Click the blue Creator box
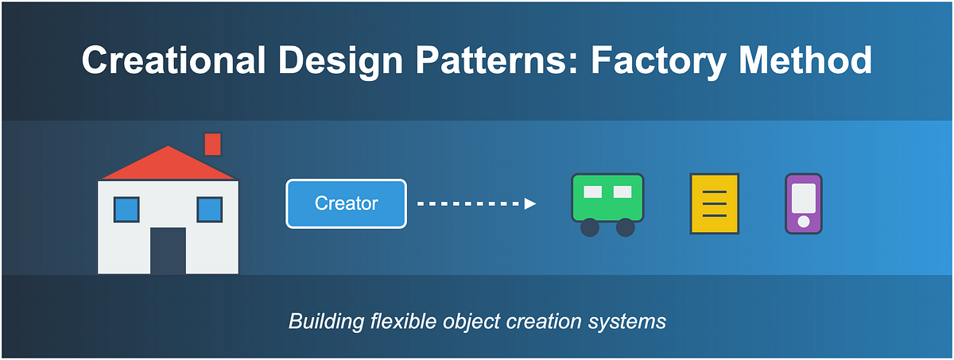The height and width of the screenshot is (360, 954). (346, 203)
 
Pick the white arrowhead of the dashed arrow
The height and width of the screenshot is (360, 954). (530, 203)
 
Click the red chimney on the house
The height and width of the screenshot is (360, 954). (212, 144)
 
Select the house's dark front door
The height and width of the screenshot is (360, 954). (168, 250)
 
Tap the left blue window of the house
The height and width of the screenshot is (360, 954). (126, 210)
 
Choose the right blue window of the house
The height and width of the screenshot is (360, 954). (209, 210)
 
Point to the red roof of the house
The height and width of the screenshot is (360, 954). (168, 164)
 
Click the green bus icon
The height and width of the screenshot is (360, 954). (607, 198)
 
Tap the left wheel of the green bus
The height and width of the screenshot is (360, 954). (589, 227)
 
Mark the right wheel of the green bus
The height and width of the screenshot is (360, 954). (626, 227)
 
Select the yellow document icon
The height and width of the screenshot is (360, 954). (715, 204)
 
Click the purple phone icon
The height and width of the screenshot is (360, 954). (803, 203)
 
